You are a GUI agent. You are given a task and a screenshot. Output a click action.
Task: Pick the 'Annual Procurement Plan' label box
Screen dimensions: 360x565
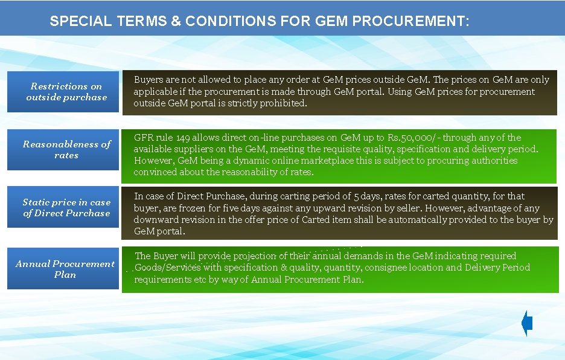(65, 269)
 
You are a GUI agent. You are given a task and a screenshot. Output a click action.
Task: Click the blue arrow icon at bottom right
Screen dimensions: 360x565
(527, 324)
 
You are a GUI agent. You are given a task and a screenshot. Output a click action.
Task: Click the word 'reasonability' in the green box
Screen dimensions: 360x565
(252, 172)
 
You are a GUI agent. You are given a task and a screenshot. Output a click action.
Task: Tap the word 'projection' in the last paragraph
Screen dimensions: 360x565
(250, 256)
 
